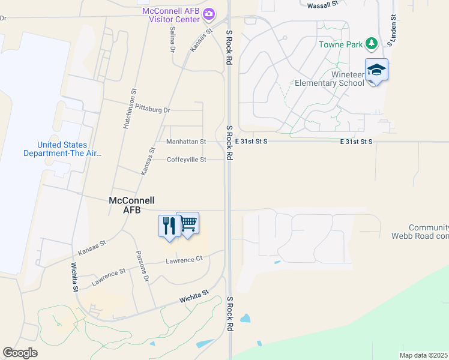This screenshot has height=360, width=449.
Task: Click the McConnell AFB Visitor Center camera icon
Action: pyautogui.click(x=209, y=13)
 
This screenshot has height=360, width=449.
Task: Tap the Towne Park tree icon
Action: pyautogui.click(x=372, y=44)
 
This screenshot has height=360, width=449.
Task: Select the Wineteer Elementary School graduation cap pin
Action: pyautogui.click(x=376, y=70)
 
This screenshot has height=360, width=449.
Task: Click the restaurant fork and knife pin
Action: pyautogui.click(x=169, y=226)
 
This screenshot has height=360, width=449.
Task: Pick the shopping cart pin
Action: pyautogui.click(x=188, y=224)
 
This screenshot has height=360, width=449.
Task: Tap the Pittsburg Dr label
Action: pyautogui.click(x=153, y=110)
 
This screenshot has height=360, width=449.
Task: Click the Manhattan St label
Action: pyautogui.click(x=186, y=142)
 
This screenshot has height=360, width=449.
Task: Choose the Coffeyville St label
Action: pyautogui.click(x=186, y=160)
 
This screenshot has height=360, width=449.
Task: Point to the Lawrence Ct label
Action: pyautogui.click(x=184, y=259)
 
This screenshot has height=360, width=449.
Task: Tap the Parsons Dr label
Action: pyautogui.click(x=142, y=266)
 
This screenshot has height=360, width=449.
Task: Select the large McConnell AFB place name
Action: pyautogui.click(x=131, y=205)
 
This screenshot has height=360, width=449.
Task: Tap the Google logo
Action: pyautogui.click(x=20, y=353)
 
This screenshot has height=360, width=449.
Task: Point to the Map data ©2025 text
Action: pyautogui.click(x=424, y=355)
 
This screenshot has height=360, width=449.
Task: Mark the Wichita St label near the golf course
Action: pyautogui.click(x=193, y=296)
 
